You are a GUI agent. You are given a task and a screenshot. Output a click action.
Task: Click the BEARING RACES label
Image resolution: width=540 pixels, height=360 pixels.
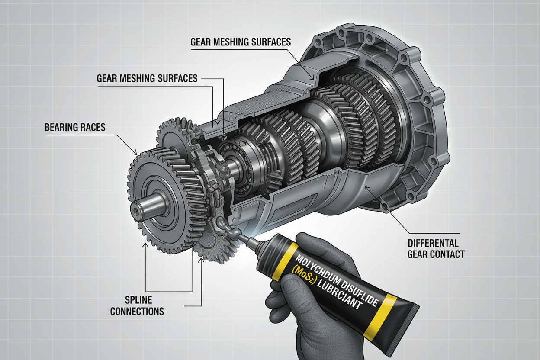75,127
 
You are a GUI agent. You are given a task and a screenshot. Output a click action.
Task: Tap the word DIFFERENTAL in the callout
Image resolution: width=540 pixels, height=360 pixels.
433,243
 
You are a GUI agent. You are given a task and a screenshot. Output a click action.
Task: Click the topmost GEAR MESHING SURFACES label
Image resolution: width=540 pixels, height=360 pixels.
241,42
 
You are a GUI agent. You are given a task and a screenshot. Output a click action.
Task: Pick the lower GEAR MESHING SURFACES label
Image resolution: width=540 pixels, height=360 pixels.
147,78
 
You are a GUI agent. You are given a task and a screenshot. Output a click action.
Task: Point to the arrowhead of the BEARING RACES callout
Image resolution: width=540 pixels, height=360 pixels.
135,152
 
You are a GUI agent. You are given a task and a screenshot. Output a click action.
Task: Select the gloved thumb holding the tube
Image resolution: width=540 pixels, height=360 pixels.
288,290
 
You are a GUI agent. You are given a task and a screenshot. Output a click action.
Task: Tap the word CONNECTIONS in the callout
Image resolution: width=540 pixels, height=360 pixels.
137,311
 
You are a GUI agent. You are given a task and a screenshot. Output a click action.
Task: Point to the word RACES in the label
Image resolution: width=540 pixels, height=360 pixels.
93,127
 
